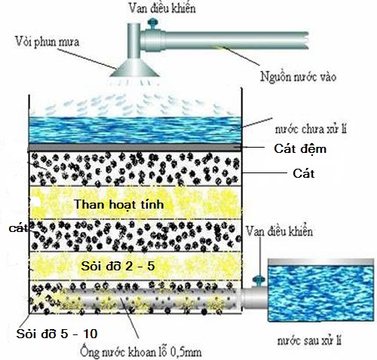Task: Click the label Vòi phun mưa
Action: pos(47,41)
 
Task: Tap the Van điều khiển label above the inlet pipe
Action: pos(162,8)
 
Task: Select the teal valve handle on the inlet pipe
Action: pos(152,24)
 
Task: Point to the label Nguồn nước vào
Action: pos(298,76)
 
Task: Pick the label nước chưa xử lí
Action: pos(311,129)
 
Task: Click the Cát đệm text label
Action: pos(300,149)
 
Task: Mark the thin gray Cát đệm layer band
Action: pos(135,147)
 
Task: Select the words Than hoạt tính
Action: pos(118,205)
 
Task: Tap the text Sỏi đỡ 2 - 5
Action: pos(118,266)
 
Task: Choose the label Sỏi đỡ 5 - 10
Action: pos(57,334)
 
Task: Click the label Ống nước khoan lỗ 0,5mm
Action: pos(141,352)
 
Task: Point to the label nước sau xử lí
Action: pos(309,340)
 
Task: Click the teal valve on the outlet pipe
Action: pos(259,280)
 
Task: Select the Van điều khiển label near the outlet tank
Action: pos(279,231)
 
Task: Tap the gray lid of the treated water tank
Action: pos(320,262)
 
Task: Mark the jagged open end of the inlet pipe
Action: pos(306,40)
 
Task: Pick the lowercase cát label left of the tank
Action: pos(18,228)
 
